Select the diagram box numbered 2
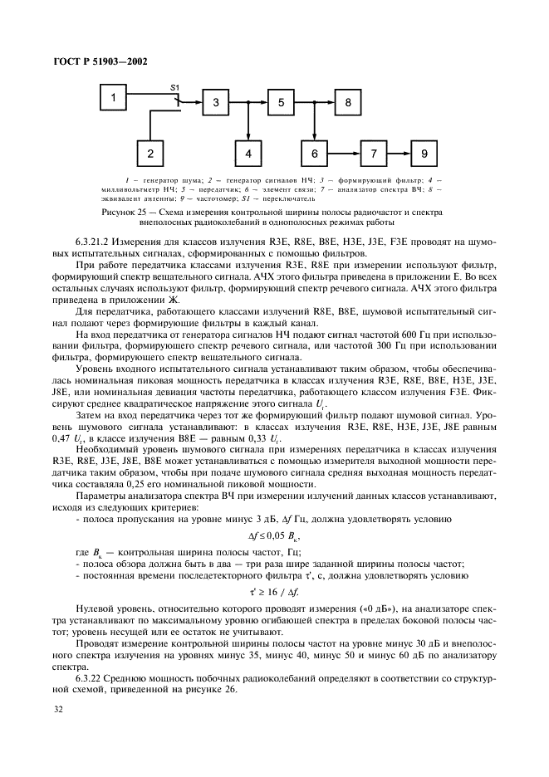click(150, 154)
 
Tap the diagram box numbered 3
click(215, 103)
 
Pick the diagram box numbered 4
click(248, 154)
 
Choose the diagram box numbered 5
click(281, 103)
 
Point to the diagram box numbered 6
click(314, 154)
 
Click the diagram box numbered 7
click(374, 154)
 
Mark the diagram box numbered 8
click(348, 103)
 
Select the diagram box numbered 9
click(424, 154)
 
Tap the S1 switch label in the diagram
click(174, 86)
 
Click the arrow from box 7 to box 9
click(399, 154)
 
